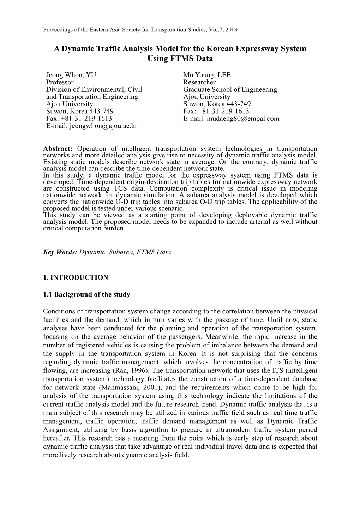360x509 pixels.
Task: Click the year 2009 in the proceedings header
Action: pos(232,30)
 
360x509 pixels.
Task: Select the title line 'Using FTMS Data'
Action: pos(180,59)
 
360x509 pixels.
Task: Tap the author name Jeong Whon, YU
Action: pos(71,75)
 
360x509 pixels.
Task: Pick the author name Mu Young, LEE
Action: pos(207,75)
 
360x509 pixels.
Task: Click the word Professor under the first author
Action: pos(60,82)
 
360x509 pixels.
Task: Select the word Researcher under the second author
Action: pos(199,82)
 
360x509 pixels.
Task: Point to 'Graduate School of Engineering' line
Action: pos(230,90)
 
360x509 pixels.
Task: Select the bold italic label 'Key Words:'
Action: pos(60,252)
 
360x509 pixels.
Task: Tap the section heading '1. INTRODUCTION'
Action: pos(76,277)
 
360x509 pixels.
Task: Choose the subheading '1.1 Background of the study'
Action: pos(86,294)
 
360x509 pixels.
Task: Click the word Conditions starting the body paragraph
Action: pos(58,311)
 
